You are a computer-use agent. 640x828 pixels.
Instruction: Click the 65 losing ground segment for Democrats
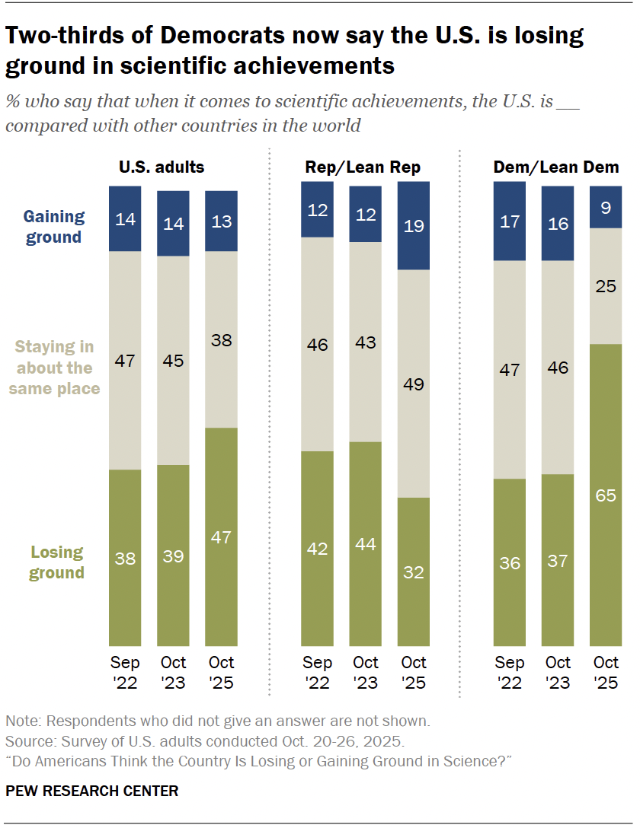pos(606,495)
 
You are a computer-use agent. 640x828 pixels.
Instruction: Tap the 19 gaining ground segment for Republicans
pos(414,225)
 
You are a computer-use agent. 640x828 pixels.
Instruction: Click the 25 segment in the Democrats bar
pos(606,285)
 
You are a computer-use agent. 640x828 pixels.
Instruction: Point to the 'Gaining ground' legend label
pos(53,227)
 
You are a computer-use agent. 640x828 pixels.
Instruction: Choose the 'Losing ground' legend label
pos(56,562)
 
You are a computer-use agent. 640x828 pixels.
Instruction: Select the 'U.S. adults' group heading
pos(161,167)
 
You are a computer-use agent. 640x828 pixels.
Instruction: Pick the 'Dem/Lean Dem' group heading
pos(557,167)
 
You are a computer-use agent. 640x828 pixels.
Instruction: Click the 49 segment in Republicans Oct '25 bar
pos(414,384)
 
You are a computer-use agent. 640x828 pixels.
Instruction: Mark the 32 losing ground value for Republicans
pos(414,572)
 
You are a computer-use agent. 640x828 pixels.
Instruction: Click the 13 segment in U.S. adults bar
pos(221,221)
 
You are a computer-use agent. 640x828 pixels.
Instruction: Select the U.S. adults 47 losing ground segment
pos(221,537)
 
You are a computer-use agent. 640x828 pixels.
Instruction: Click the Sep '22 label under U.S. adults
pos(125,672)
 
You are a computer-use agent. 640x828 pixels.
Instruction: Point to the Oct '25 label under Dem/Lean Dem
pos(606,672)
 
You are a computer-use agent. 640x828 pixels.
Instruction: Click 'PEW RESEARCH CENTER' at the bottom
pos(92,791)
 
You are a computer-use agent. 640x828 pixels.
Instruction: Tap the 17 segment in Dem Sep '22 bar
pos(509,221)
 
